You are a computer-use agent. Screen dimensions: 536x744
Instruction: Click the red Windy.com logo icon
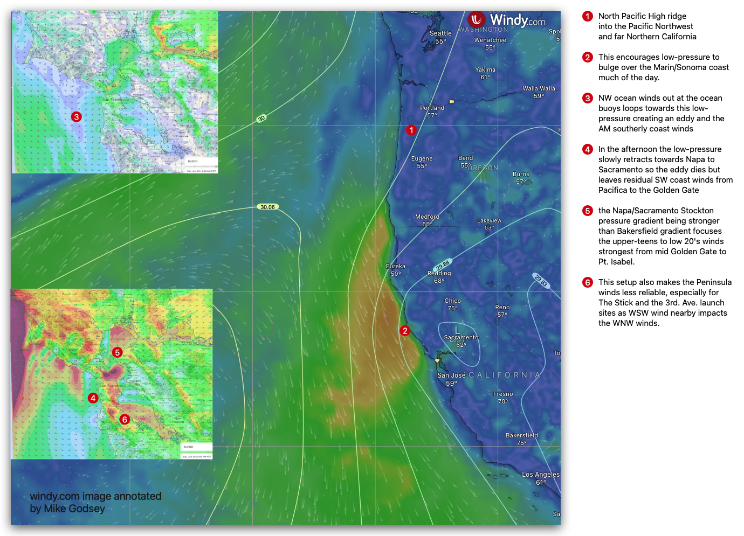point(476,20)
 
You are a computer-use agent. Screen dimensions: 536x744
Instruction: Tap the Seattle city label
point(440,33)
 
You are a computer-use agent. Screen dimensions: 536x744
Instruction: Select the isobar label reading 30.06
point(267,207)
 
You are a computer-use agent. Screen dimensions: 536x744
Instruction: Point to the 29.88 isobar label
point(443,265)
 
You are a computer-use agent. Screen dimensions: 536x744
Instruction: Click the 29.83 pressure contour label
point(541,281)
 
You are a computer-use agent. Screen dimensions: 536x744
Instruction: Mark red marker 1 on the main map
point(411,130)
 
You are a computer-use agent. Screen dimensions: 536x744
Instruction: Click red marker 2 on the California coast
point(405,331)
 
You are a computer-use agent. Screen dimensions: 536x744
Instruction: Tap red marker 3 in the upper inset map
point(77,116)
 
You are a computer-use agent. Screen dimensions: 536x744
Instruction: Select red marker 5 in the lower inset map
point(117,352)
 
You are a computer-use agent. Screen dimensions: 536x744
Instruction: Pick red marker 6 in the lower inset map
point(125,419)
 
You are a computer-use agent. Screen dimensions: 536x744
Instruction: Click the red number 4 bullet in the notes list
point(588,149)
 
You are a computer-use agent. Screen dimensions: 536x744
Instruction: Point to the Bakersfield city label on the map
point(521,435)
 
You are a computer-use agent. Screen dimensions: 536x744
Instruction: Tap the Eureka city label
point(396,266)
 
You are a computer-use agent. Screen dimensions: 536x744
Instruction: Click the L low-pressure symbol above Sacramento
point(457,330)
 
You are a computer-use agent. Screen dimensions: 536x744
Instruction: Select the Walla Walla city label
point(539,88)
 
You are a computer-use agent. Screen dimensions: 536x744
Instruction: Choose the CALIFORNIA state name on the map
point(504,375)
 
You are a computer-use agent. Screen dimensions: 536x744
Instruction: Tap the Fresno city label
point(503,394)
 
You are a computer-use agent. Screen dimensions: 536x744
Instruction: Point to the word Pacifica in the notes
point(612,190)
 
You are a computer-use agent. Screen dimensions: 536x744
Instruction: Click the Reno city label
point(502,307)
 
